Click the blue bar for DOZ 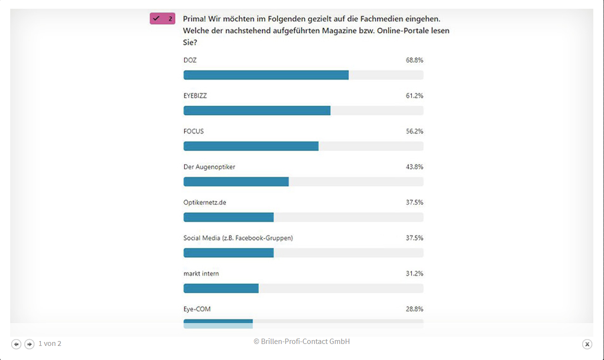[x=266, y=75]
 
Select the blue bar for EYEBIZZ [x=257, y=110]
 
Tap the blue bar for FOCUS [x=251, y=146]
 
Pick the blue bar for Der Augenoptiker [x=236, y=182]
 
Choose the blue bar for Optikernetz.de [x=228, y=217]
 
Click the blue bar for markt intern [x=221, y=288]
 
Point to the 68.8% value [x=414, y=60]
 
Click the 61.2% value [x=414, y=96]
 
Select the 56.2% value [x=414, y=131]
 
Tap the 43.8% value [x=414, y=167]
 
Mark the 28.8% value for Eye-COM [x=414, y=309]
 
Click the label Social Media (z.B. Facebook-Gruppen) [x=238, y=238]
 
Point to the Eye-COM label [x=197, y=309]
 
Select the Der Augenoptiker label [x=209, y=167]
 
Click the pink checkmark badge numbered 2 [x=162, y=19]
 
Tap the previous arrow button [x=17, y=344]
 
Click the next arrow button [x=30, y=344]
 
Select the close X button [x=587, y=344]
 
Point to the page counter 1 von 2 [x=50, y=343]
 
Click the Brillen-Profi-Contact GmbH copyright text [x=302, y=342]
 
